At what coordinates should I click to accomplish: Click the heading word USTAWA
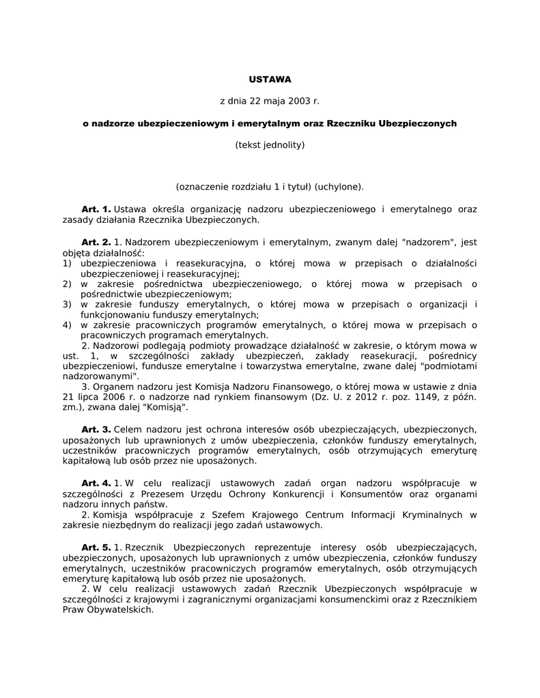click(x=270, y=79)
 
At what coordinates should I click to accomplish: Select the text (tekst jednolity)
click(x=270, y=145)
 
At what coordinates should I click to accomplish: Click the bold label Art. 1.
click(x=96, y=209)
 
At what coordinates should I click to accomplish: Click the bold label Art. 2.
click(x=96, y=242)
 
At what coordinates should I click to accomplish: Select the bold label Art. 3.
click(x=96, y=429)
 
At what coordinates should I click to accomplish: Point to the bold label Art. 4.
click(x=96, y=483)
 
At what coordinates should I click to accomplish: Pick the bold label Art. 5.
click(x=96, y=547)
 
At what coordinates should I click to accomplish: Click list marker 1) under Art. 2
click(x=67, y=263)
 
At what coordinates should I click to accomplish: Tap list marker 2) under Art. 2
click(x=67, y=284)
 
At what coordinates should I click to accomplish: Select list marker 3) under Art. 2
click(x=67, y=304)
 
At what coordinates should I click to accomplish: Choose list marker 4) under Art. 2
click(x=67, y=325)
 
